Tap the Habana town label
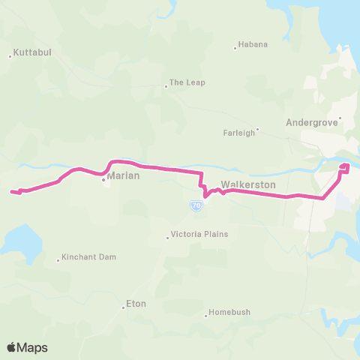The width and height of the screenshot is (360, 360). pyautogui.click(x=252, y=44)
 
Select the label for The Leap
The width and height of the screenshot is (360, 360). pyautogui.click(x=187, y=82)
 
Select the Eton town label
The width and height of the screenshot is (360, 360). pyautogui.click(x=136, y=304)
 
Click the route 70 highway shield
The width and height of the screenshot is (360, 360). pyautogui.click(x=196, y=205)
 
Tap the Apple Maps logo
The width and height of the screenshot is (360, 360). pyautogui.click(x=27, y=347)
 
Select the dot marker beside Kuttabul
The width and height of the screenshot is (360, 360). pyautogui.click(x=10, y=55)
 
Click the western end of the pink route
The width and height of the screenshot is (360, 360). pyautogui.click(x=11, y=192)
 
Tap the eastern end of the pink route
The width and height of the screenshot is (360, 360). pyautogui.click(x=346, y=166)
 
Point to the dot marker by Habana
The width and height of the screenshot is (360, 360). pyautogui.click(x=235, y=48)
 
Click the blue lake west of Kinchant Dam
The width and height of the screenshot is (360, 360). pyautogui.click(x=16, y=241)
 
